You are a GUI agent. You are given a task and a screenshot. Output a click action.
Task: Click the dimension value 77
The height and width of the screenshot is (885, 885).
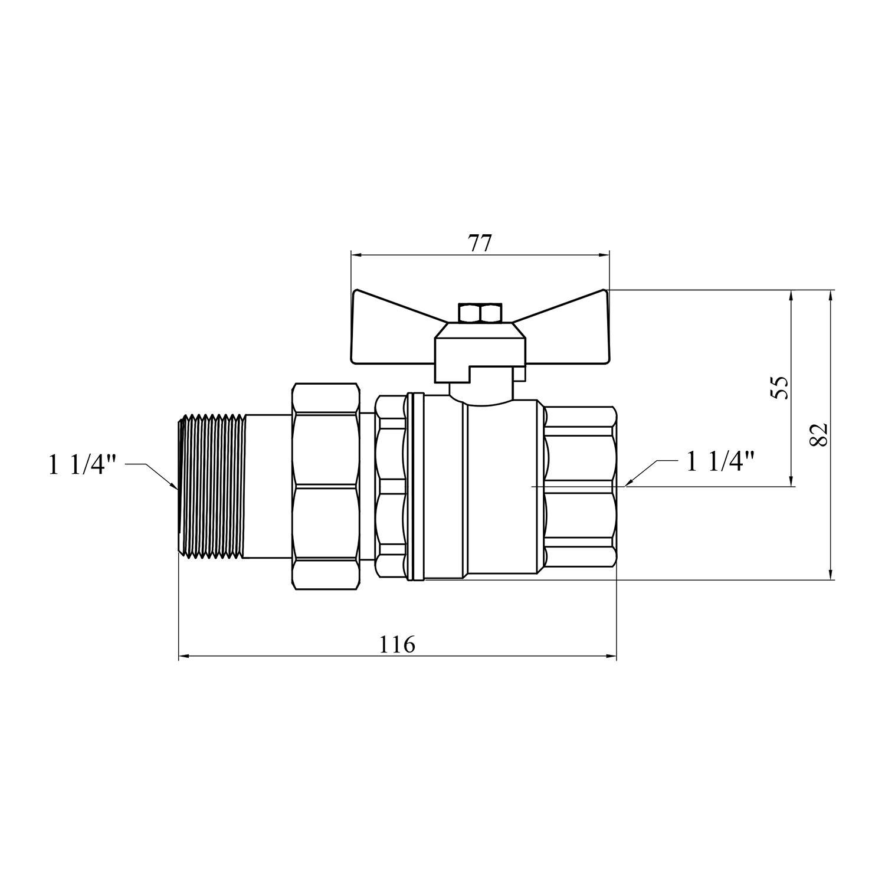[480, 244]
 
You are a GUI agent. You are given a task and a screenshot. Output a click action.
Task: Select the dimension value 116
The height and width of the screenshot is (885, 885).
[396, 644]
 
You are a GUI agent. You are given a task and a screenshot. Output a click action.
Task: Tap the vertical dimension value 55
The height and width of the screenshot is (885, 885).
[780, 388]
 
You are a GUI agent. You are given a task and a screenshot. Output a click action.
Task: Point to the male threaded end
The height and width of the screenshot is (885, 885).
[211, 486]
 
